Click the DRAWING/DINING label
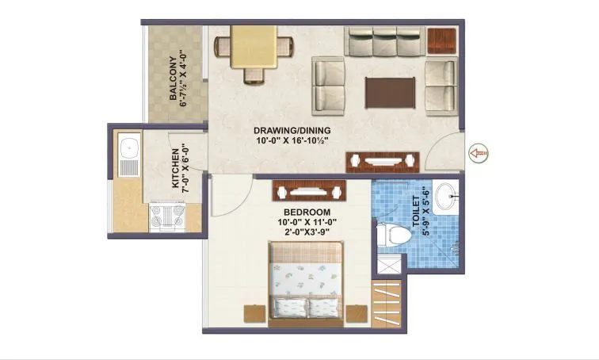pyautogui.click(x=292, y=131)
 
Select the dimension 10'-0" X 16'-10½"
pyautogui.click(x=292, y=142)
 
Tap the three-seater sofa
pyautogui.click(x=385, y=44)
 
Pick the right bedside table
pyautogui.click(x=358, y=314)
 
